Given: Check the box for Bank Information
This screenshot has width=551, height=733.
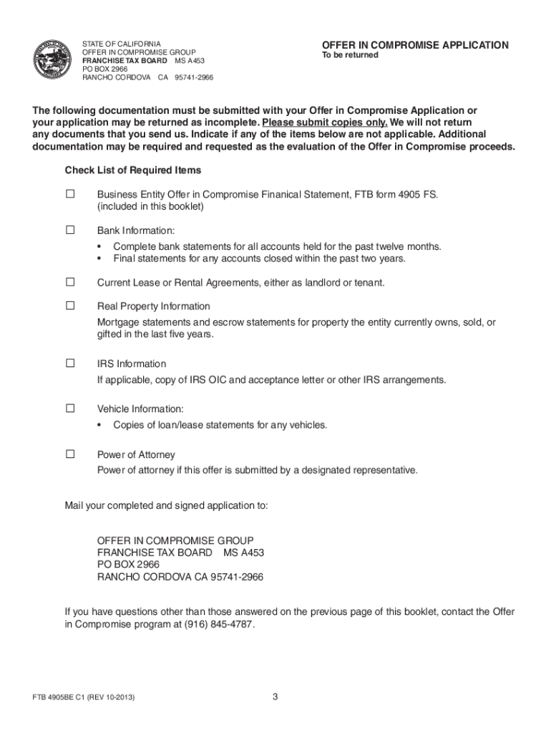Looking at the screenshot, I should click(70, 230).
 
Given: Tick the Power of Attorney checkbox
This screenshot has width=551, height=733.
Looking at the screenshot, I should click(70, 454).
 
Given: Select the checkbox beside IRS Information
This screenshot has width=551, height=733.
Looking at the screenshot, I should click(70, 363).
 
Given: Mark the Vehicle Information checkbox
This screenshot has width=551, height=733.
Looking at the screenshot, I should click(70, 409).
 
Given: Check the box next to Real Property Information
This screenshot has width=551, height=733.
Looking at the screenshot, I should click(70, 306).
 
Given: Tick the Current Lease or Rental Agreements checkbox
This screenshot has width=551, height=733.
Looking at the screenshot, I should click(70, 282).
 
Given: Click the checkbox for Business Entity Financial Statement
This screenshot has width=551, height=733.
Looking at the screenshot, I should click(70, 193).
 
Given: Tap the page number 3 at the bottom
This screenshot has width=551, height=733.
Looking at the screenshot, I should click(275, 696).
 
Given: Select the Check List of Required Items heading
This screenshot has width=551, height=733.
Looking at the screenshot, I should click(133, 170).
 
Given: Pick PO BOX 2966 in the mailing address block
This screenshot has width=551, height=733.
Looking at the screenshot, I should click(128, 564).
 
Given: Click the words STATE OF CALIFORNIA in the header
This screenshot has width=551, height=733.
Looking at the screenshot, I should click(122, 44).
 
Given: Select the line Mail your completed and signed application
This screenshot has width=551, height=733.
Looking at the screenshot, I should click(167, 505).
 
